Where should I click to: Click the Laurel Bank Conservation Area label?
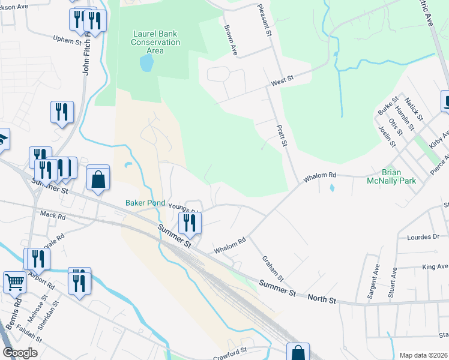[155, 43]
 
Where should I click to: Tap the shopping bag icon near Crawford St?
[298, 352]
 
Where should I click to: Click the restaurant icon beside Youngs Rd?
[190, 223]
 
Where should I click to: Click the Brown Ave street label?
[231, 40]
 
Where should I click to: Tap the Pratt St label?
[282, 136]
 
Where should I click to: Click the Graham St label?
[273, 268]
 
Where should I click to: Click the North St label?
[322, 298]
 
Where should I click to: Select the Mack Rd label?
[52, 214]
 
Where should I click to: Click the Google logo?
[20, 353]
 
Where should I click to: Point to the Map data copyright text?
[423, 355]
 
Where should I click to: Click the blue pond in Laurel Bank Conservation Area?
[146, 62]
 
